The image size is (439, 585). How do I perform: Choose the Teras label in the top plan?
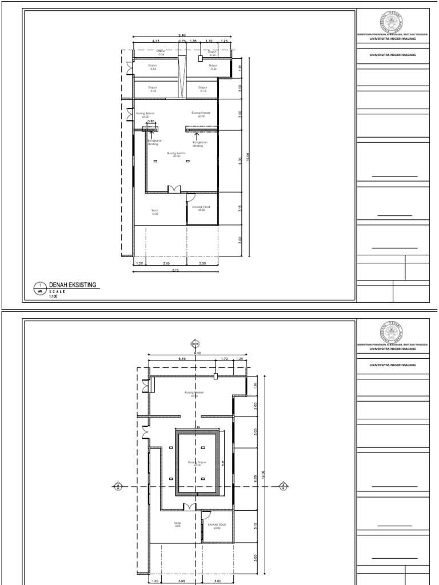click(155, 211)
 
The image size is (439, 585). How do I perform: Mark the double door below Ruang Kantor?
click(174, 189)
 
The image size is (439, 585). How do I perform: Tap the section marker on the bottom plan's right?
click(281, 487)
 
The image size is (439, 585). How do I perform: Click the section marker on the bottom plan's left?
click(117, 487)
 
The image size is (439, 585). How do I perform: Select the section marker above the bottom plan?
click(194, 344)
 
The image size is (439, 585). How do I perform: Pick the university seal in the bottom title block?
click(392, 331)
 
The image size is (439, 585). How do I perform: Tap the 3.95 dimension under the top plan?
click(165, 263)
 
